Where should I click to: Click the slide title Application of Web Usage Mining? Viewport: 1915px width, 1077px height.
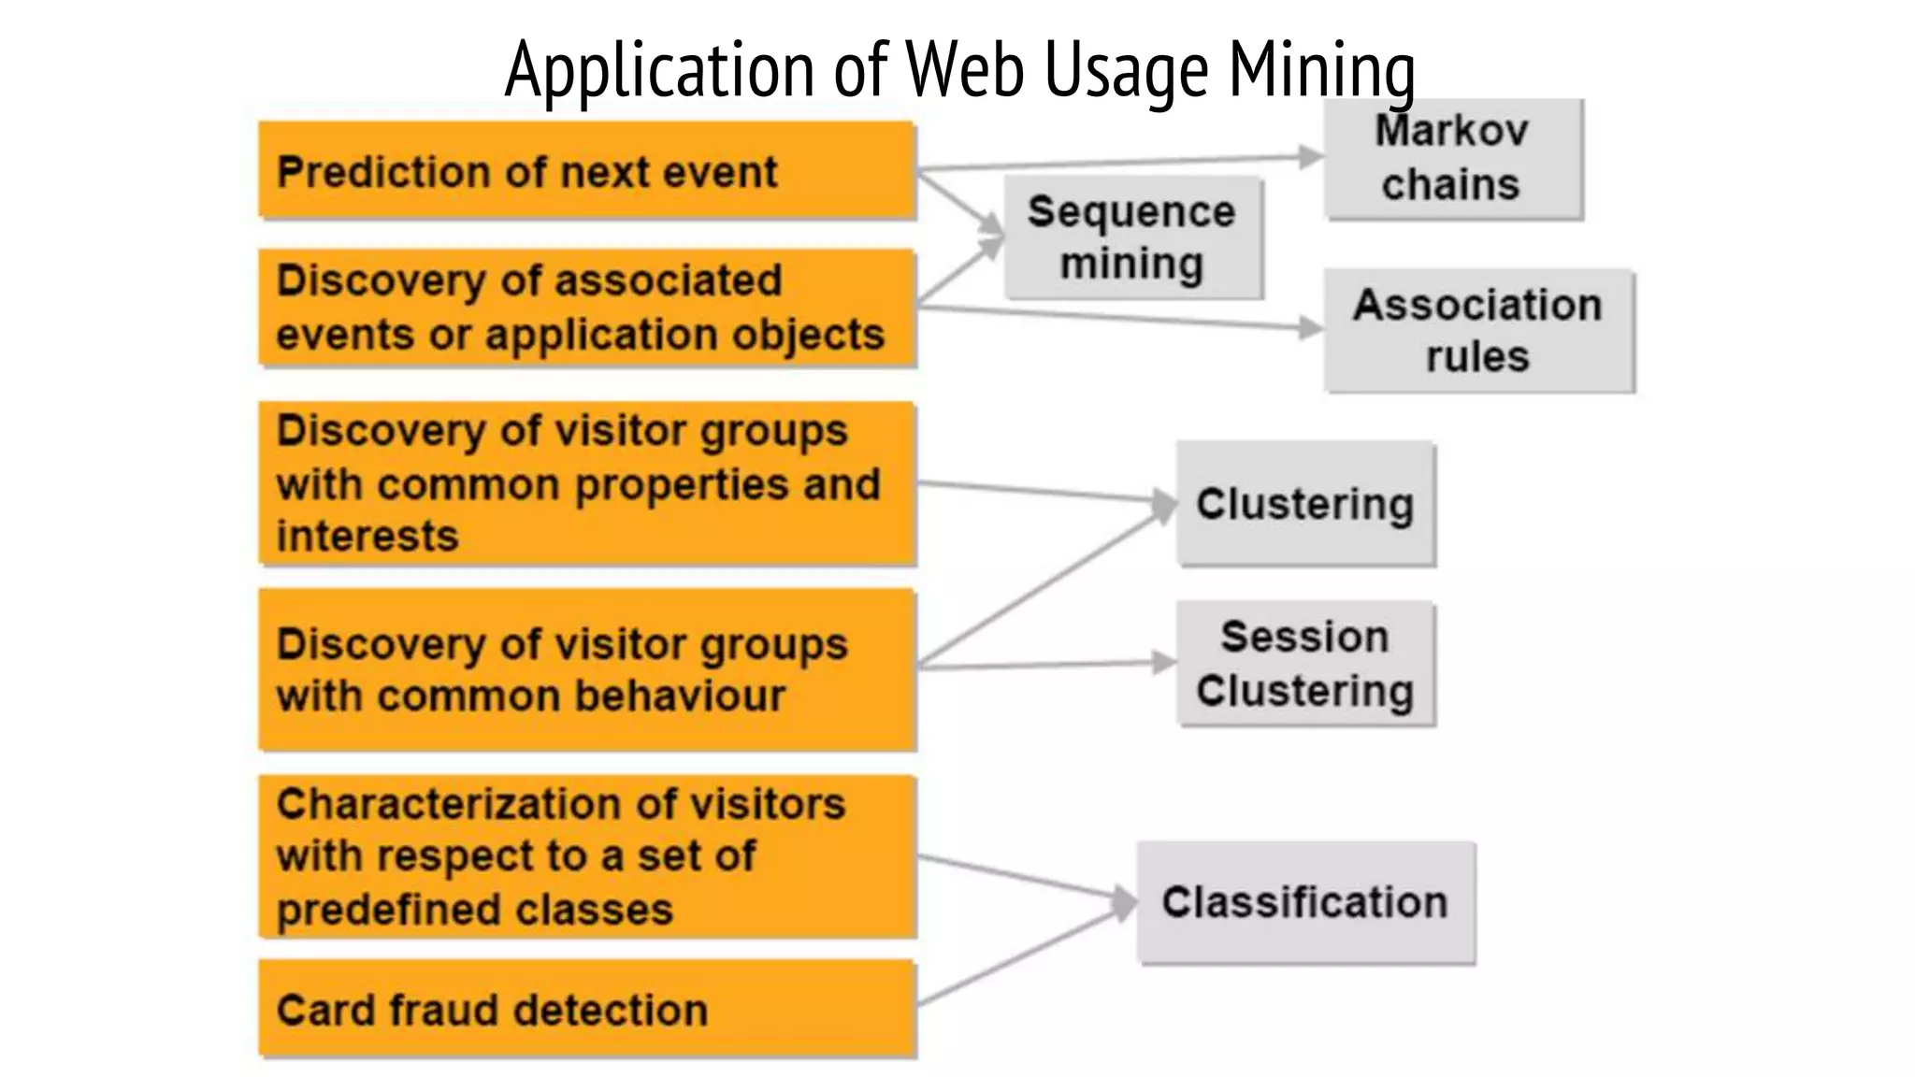tap(959, 69)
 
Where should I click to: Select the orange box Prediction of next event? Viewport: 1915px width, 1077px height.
tap(586, 171)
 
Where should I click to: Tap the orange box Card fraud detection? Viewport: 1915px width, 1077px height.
tap(586, 1009)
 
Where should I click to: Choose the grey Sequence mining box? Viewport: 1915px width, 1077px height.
tap(1132, 237)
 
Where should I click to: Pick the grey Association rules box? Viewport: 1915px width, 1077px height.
tap(1478, 331)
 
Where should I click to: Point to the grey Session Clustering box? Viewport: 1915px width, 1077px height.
tap(1305, 664)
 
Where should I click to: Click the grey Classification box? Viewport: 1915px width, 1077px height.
tap(1305, 902)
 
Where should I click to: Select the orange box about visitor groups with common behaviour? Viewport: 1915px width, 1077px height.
tap(586, 669)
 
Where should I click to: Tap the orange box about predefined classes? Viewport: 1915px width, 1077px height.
tap(586, 855)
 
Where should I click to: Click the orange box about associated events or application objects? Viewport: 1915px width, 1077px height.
tap(586, 308)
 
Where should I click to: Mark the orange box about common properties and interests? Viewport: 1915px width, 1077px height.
tap(586, 483)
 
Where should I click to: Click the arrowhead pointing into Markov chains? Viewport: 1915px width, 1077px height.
tap(1312, 157)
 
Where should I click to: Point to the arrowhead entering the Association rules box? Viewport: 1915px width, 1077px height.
tap(1312, 327)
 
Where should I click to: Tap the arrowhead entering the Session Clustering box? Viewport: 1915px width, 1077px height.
tap(1164, 662)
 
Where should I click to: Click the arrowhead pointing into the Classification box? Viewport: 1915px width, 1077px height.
tap(1124, 903)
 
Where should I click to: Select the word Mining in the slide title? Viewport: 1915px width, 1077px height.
tap(1321, 69)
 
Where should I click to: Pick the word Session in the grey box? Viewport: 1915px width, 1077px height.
tap(1304, 638)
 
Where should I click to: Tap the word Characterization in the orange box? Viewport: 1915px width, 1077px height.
tap(443, 804)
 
